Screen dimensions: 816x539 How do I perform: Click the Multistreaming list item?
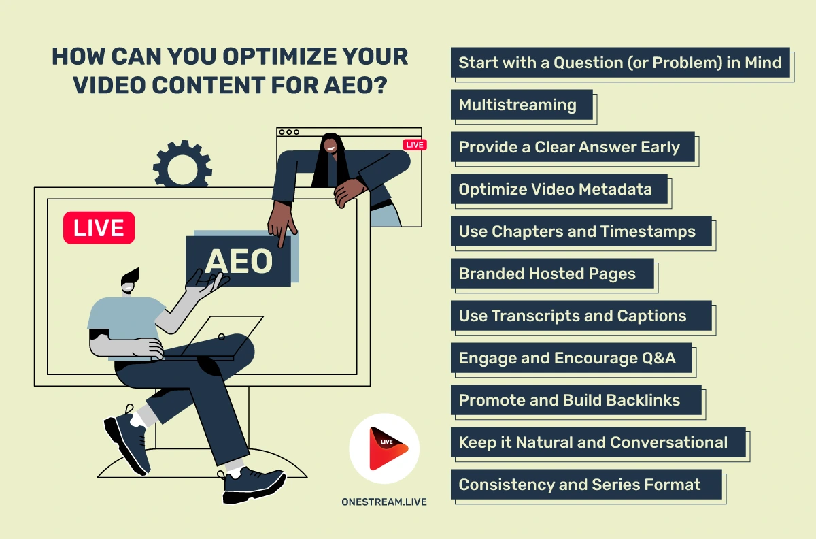[522, 105]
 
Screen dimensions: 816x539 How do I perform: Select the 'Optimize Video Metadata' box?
[559, 189]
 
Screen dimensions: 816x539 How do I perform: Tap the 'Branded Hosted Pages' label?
[552, 274]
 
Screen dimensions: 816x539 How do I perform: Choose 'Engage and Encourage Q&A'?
[571, 358]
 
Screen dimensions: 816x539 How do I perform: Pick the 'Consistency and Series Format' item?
[586, 485]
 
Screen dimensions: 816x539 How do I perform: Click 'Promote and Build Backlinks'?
[576, 400]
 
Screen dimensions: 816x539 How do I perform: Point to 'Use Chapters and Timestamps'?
[581, 231]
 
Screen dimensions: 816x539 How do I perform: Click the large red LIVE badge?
[99, 227]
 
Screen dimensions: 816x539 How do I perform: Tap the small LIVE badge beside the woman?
[415, 145]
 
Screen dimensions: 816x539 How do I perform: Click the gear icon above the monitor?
[182, 164]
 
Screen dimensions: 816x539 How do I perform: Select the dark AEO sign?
[238, 261]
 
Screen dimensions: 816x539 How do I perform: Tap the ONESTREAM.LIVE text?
[384, 502]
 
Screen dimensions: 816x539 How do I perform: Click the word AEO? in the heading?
[356, 85]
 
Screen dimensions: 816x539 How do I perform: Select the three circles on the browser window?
[289, 132]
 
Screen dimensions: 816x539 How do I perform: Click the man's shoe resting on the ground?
[254, 485]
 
